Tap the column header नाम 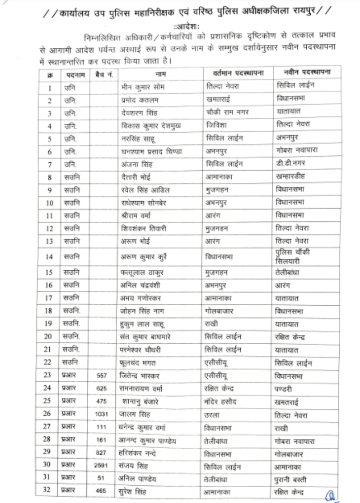click(x=160, y=74)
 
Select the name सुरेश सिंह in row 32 click(x=135, y=491)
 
